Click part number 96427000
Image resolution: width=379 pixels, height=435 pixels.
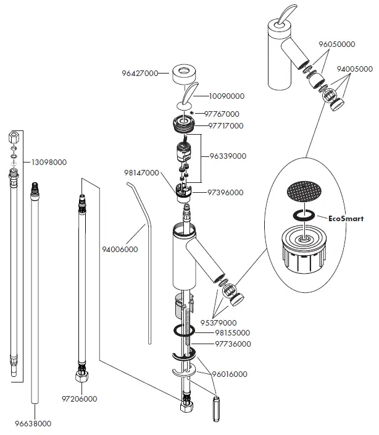[x=140, y=74]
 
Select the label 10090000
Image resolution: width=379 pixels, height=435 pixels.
[x=227, y=96]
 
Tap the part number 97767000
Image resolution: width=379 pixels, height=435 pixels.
[x=222, y=114]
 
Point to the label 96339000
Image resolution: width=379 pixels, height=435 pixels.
[x=228, y=156]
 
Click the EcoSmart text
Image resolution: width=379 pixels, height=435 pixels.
[x=346, y=219]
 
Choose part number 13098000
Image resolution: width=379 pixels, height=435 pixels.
[x=49, y=163]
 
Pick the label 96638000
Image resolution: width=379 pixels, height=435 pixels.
[x=33, y=424]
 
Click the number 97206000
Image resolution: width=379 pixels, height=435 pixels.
[x=80, y=399]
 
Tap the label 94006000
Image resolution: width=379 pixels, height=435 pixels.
[x=120, y=250]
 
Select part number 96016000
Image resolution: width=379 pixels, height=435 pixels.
[x=230, y=374]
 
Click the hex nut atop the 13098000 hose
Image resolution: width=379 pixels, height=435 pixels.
[x=14, y=137]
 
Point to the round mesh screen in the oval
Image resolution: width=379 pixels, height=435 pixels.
[x=304, y=191]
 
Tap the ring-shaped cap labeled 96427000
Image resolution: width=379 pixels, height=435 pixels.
[x=184, y=74]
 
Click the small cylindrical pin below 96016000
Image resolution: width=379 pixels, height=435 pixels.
[x=216, y=409]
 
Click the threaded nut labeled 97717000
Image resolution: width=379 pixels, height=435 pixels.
[x=183, y=123]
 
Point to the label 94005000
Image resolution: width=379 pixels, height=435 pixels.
[x=355, y=69]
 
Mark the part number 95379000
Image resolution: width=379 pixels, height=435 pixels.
[x=219, y=323]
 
